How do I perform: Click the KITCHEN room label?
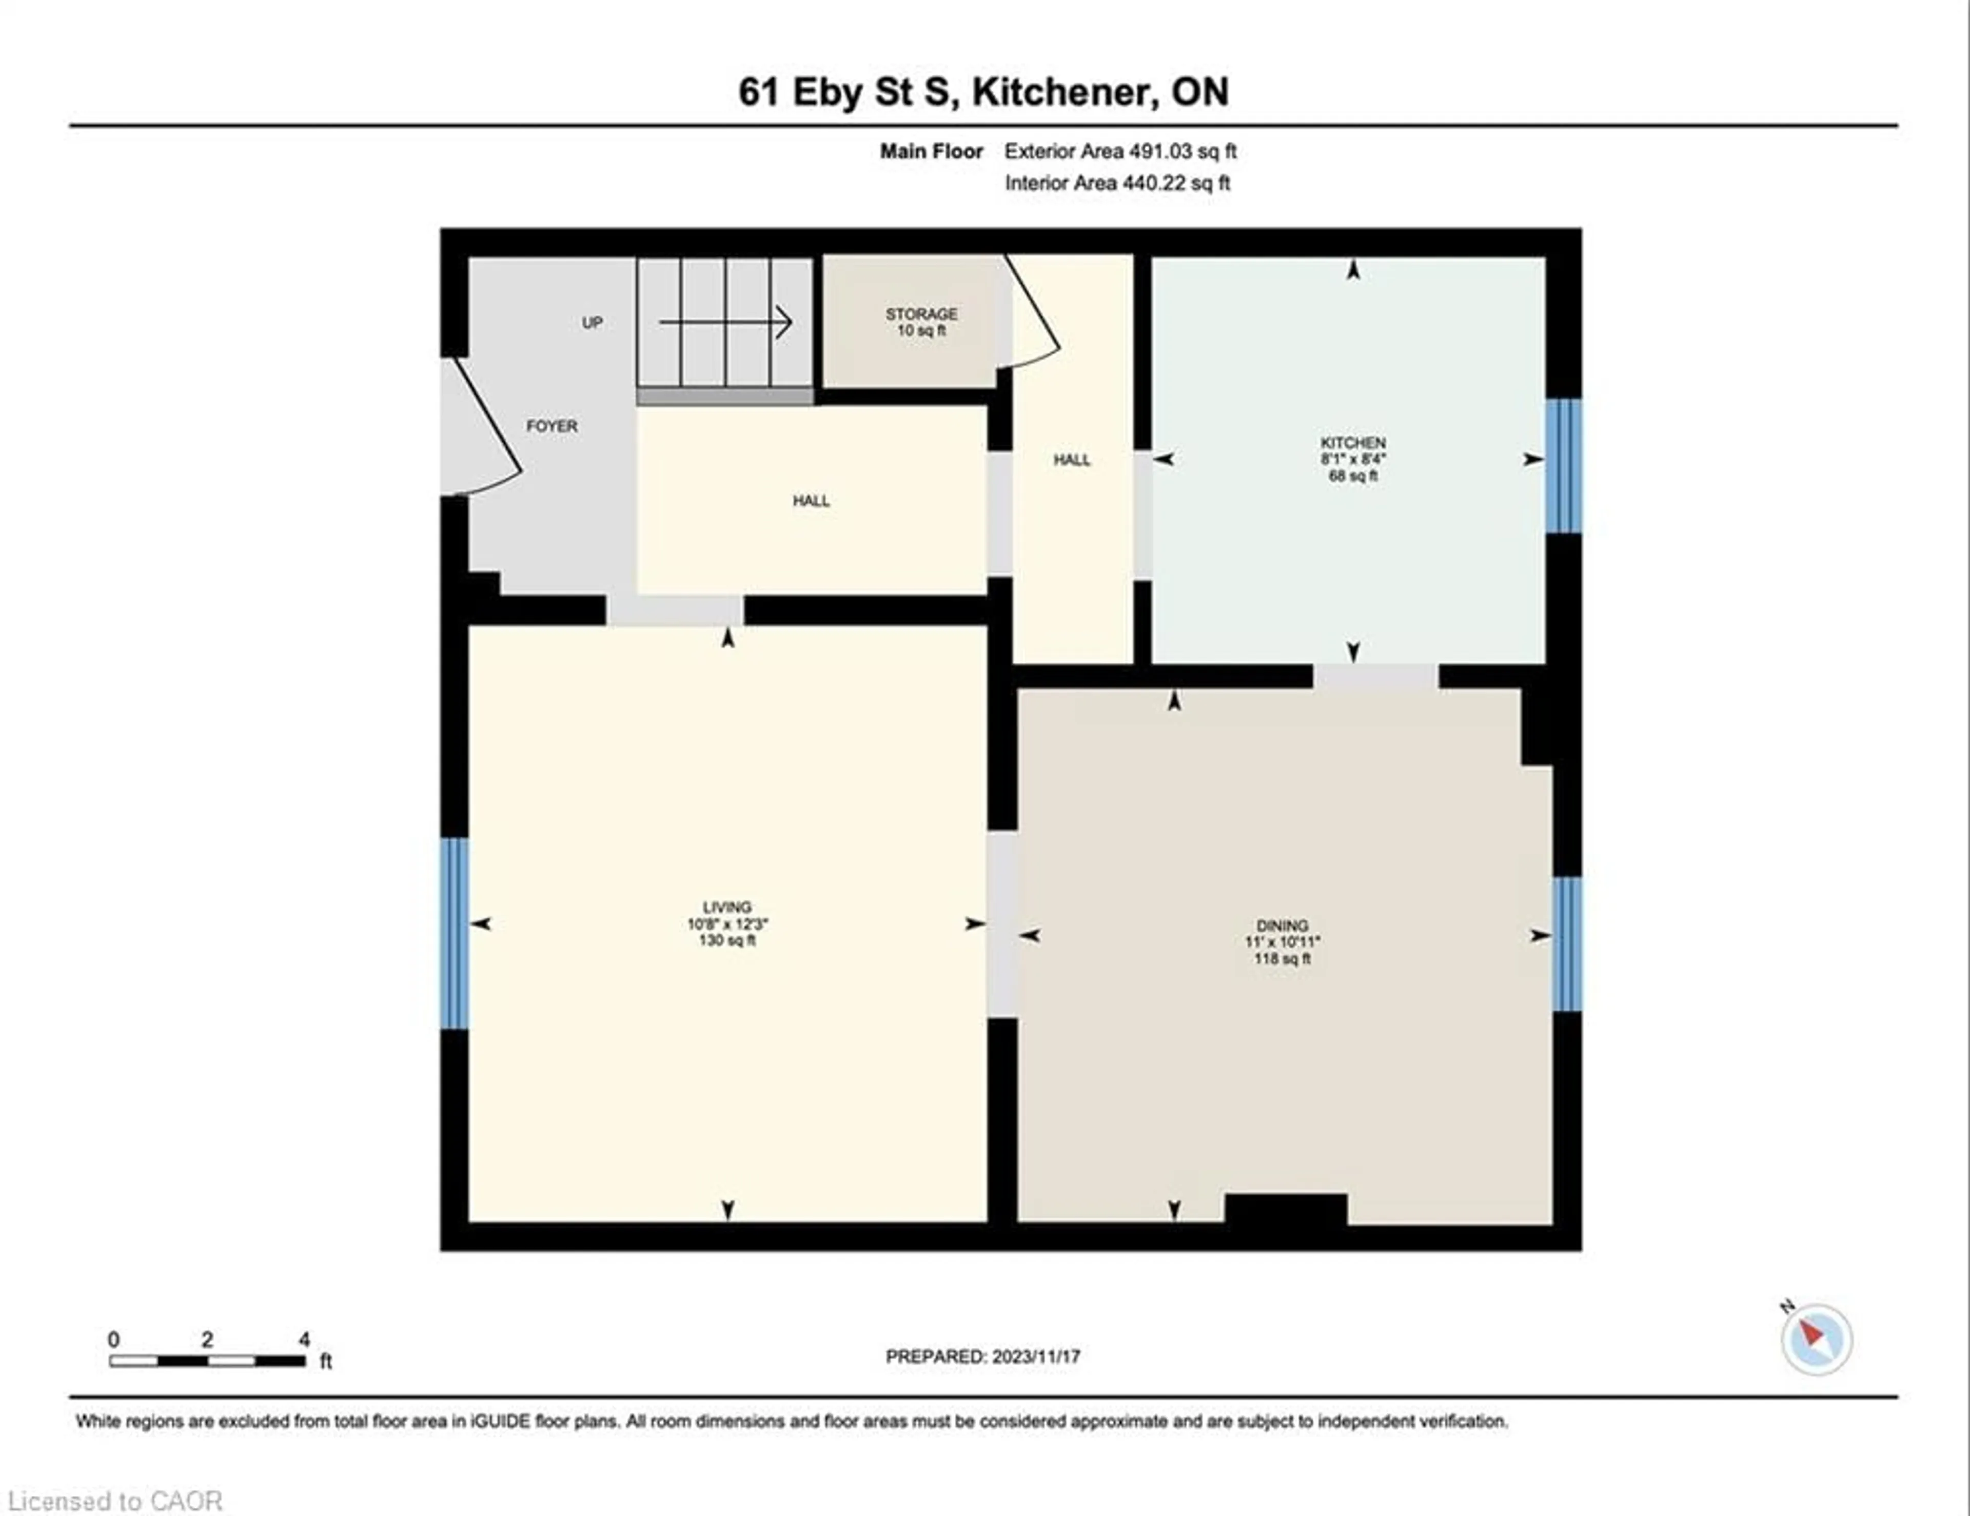tap(1352, 443)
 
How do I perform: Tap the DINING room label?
tap(1282, 926)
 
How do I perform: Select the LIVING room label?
tap(727, 907)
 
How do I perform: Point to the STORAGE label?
tap(921, 314)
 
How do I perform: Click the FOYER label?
tap(551, 426)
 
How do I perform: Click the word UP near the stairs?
tap(592, 323)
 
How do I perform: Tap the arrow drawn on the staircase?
tap(725, 322)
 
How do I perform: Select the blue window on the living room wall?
tap(454, 933)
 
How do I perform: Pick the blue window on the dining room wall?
tap(1567, 943)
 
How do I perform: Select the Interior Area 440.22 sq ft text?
tap(1117, 183)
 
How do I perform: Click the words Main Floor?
tap(931, 151)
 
